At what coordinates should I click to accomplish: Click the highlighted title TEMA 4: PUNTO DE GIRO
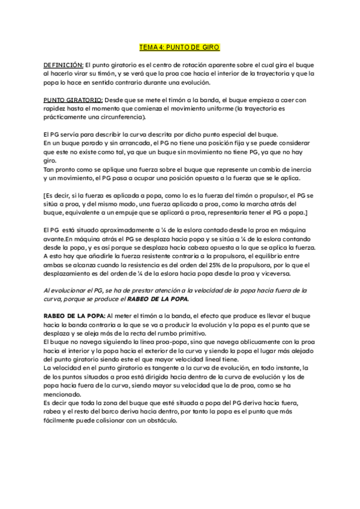point(179,46)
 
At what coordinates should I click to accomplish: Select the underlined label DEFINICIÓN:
point(63,65)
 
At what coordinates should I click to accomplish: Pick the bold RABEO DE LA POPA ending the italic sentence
point(158,298)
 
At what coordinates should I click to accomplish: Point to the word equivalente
point(85,213)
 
